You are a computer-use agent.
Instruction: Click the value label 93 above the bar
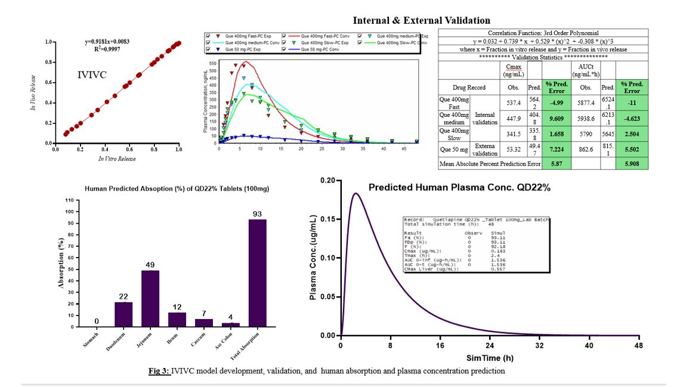257,214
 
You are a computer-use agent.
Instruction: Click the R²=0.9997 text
107,51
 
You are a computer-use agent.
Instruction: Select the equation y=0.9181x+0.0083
108,42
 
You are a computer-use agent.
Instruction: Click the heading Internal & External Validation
422,20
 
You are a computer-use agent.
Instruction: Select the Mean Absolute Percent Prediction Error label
489,163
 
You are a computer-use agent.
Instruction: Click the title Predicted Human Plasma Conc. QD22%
459,187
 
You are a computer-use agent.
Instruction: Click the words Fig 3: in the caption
159,371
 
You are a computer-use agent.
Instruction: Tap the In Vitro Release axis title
117,159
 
